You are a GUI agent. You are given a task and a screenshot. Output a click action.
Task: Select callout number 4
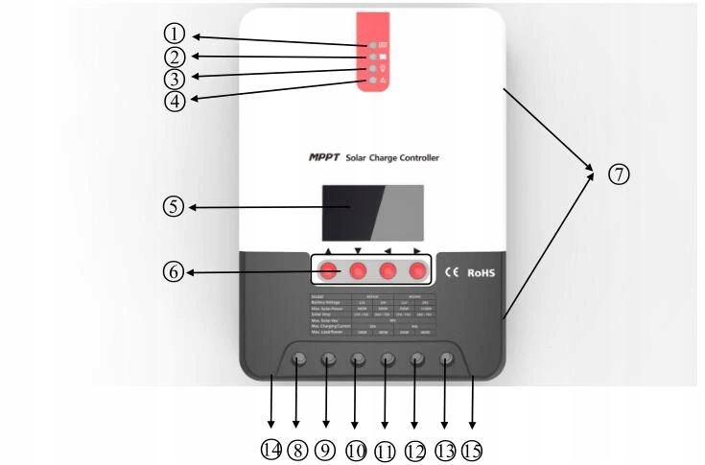point(174,98)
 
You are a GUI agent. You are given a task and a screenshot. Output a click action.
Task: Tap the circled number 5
point(173,206)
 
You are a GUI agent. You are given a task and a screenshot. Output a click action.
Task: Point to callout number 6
point(174,273)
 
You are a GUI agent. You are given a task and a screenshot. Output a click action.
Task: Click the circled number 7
point(619,174)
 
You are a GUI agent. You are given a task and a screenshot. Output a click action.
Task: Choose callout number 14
point(271,449)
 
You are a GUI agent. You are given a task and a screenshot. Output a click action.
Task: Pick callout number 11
point(385,449)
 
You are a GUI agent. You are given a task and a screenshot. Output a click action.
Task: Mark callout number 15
point(472,449)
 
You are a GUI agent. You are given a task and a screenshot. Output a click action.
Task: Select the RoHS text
point(485,273)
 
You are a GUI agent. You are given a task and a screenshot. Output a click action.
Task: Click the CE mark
point(454,273)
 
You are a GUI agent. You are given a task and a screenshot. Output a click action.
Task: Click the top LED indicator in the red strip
point(371,45)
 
